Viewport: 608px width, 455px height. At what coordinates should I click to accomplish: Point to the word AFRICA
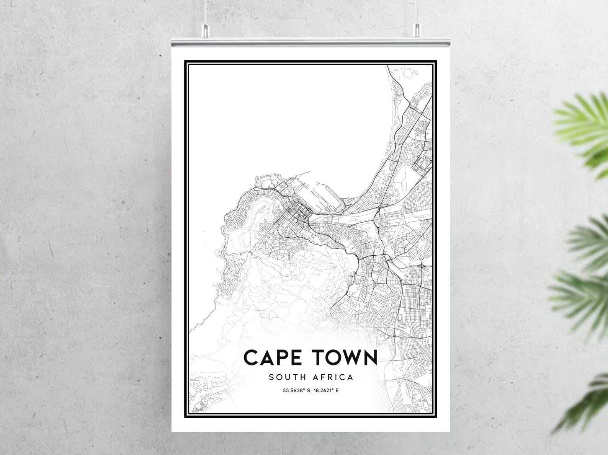pos(333,377)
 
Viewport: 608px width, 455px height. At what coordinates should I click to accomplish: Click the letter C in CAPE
pos(252,358)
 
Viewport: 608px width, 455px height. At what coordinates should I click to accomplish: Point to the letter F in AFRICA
pos(322,377)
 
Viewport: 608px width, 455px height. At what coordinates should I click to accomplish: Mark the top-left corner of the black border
pos(185,60)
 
